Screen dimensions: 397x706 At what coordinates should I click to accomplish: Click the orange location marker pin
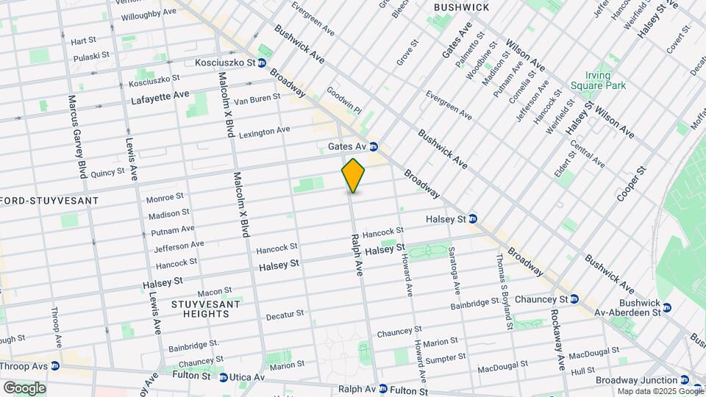[353, 175]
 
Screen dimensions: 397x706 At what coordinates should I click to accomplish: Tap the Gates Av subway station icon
[374, 146]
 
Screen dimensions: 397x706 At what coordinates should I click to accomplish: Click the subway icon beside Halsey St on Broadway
[473, 219]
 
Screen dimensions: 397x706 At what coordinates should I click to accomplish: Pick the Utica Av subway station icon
[223, 377]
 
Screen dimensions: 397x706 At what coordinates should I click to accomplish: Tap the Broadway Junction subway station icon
[685, 380]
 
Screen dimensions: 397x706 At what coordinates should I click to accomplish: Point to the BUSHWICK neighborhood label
[461, 7]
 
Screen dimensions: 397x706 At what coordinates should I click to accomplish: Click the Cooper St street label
[632, 184]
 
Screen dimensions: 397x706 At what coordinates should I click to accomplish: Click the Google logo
[24, 387]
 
